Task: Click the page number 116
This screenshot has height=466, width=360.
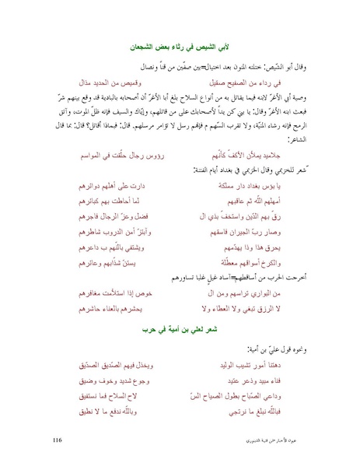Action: click(x=57, y=440)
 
